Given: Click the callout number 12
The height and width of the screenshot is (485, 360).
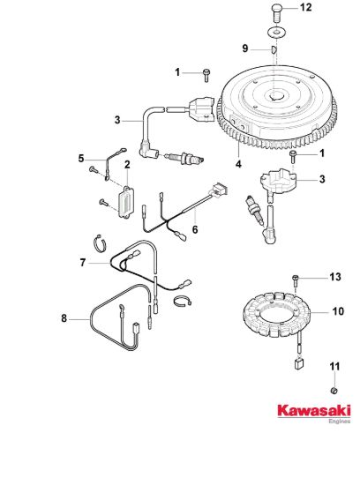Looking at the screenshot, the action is [305, 7].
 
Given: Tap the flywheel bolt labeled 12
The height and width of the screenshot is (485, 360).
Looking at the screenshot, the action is [277, 12].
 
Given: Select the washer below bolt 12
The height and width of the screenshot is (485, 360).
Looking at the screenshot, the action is [276, 32].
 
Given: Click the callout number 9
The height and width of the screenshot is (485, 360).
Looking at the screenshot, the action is [244, 48].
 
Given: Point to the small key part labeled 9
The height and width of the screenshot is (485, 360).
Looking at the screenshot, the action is [274, 49].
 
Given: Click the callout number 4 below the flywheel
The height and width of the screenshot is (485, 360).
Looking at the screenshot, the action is [238, 164].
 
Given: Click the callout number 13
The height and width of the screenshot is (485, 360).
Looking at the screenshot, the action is [335, 277].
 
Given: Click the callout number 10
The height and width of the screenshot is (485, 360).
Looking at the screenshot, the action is [338, 311].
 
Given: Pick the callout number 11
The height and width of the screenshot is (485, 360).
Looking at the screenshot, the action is [334, 367].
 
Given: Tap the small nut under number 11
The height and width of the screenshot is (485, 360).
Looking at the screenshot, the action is [334, 391].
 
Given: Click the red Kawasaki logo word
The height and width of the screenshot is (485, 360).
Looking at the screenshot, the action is [314, 411].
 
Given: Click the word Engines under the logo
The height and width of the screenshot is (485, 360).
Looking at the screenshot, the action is [340, 422].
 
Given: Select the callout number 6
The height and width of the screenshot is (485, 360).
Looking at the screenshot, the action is [195, 229].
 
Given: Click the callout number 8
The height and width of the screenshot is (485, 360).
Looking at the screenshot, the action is [64, 318].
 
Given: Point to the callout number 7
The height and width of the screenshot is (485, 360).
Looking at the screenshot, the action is [82, 263].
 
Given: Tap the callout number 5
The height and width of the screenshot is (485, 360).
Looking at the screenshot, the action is [81, 159].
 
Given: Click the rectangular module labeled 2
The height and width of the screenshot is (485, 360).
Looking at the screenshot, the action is [126, 202].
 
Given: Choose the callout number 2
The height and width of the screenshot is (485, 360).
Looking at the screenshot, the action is [127, 165].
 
